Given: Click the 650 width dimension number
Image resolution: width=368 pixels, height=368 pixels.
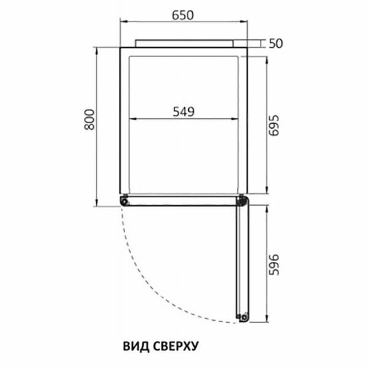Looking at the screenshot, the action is pyautogui.click(x=183, y=15).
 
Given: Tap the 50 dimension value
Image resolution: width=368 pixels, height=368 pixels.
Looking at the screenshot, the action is pyautogui.click(x=276, y=44).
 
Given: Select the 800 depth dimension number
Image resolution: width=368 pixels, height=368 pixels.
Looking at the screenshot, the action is pyautogui.click(x=90, y=120).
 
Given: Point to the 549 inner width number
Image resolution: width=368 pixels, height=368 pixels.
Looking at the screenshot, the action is pyautogui.click(x=183, y=112).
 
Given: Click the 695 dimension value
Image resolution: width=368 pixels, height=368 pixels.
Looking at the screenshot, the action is pyautogui.click(x=274, y=125).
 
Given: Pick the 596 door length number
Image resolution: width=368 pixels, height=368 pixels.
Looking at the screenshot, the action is pyautogui.click(x=274, y=264).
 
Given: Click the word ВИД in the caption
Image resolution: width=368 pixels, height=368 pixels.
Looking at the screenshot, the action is pyautogui.click(x=136, y=347).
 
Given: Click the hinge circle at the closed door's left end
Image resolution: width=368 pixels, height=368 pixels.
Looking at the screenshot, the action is pyautogui.click(x=125, y=202).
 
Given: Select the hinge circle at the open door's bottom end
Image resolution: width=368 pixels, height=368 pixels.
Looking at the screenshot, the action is pyautogui.click(x=244, y=318).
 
